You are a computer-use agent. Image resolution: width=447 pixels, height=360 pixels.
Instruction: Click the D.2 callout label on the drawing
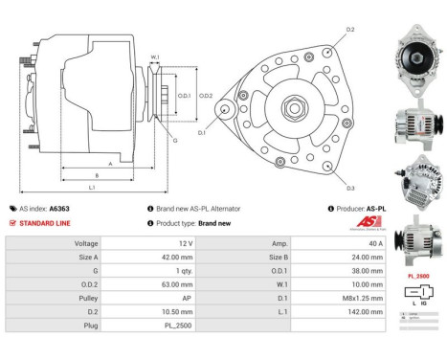[350, 31]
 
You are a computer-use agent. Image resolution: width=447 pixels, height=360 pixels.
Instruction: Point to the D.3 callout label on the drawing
[350, 188]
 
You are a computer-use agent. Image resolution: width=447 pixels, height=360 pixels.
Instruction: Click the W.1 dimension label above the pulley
[154, 56]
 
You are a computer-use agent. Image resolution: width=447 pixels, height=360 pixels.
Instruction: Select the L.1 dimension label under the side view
[91, 187]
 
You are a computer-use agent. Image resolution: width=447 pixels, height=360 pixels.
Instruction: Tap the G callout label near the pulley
[175, 141]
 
